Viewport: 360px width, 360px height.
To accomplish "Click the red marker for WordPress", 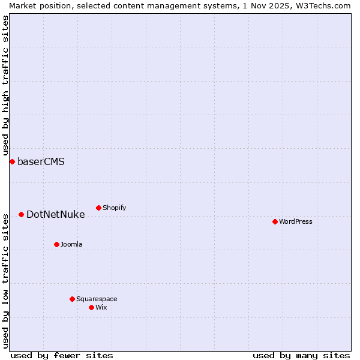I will click(275, 221).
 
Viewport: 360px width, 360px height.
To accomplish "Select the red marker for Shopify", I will click(98, 208).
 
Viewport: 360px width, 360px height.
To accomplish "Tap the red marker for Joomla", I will click(56, 244).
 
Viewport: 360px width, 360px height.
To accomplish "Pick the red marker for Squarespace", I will click(72, 299).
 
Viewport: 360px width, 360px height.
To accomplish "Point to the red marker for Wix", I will click(91, 307).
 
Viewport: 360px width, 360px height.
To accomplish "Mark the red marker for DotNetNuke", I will click(21, 214).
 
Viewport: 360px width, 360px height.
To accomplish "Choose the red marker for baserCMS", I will click(12, 161).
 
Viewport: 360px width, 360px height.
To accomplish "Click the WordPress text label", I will click(296, 221).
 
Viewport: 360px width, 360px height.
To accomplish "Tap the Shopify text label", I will click(114, 208).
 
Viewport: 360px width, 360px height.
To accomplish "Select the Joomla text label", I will click(71, 244).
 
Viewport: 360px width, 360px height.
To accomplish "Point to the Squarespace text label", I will click(97, 299).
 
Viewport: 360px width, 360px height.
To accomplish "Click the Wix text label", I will click(101, 307).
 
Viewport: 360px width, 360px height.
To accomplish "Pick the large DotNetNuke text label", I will click(56, 214).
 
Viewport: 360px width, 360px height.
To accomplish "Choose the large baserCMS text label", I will click(41, 161).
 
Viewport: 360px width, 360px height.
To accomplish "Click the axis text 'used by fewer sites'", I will click(62, 355).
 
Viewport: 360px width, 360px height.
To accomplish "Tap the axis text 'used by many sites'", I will click(301, 355).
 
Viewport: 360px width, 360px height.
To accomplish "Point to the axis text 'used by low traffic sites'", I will click(5, 280).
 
